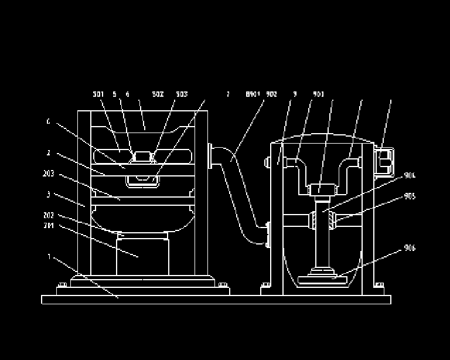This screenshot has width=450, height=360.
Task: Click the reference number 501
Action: pyautogui.click(x=98, y=94)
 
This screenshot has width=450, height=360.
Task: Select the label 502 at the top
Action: pyautogui.click(x=158, y=94)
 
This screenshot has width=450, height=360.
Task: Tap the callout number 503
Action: pyautogui.click(x=182, y=94)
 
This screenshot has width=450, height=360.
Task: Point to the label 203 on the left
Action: pyautogui.click(x=49, y=174)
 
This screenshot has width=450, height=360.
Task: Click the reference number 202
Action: pyautogui.click(x=49, y=215)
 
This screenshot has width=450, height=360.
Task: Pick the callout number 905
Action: pyautogui.click(x=410, y=196)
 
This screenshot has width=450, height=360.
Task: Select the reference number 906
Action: pyautogui.click(x=410, y=248)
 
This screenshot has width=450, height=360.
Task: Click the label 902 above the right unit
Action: pyautogui.click(x=271, y=94)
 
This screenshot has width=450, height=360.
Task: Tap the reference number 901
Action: pyautogui.click(x=319, y=94)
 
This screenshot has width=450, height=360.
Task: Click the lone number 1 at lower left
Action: pyautogui.click(x=50, y=256)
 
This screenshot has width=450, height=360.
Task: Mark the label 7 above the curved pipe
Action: pyautogui.click(x=228, y=94)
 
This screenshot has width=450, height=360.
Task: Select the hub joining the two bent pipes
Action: pyautogui.click(x=322, y=189)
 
